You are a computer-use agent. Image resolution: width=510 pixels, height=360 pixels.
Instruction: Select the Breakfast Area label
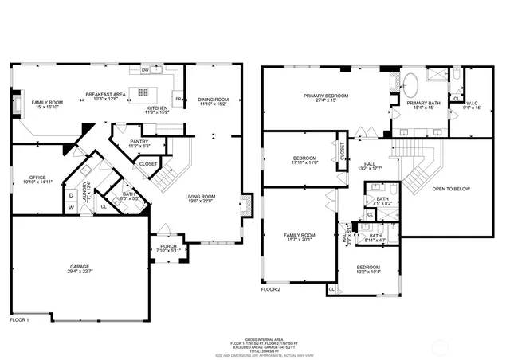(x=106, y=96)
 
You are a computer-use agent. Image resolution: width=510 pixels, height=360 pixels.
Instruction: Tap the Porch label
(x=168, y=248)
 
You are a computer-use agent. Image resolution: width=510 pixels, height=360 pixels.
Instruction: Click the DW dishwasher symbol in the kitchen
(x=145, y=70)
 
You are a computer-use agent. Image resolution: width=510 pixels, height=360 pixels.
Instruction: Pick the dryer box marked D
(x=71, y=195)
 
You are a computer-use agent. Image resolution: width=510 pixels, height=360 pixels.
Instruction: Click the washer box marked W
(x=71, y=209)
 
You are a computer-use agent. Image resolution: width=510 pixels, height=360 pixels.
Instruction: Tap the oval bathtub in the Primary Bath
(x=411, y=82)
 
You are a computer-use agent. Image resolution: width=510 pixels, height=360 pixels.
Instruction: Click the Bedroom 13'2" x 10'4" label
(x=368, y=269)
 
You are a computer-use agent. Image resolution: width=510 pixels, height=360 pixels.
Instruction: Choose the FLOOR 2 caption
(x=271, y=289)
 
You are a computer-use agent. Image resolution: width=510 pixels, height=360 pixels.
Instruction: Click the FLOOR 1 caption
(x=19, y=319)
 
